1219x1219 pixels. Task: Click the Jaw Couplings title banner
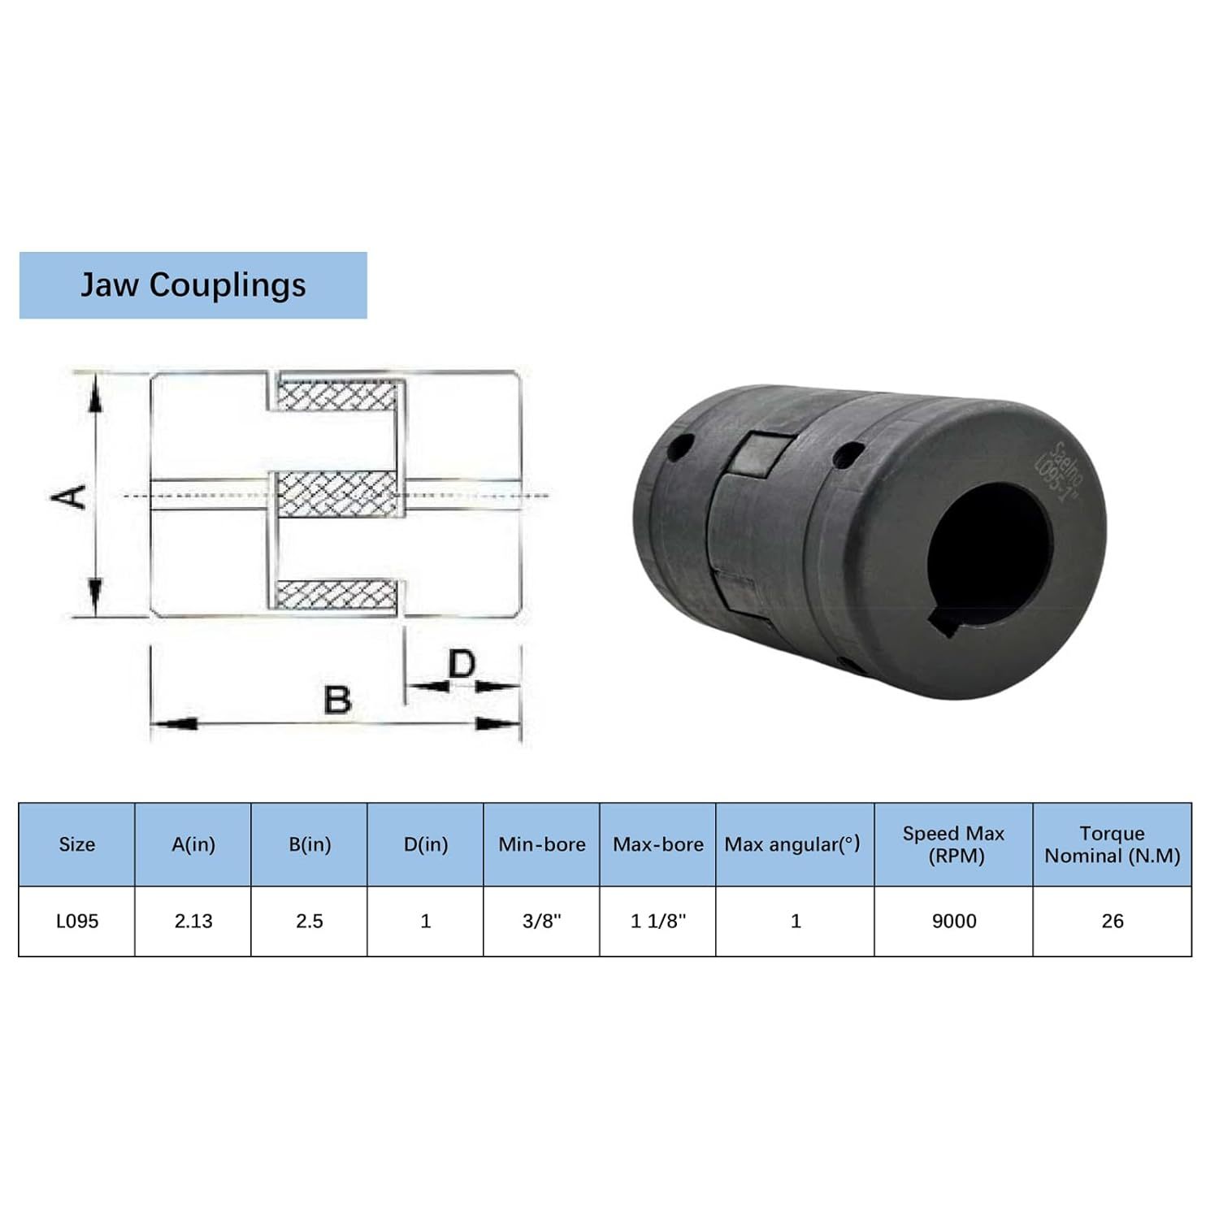(193, 285)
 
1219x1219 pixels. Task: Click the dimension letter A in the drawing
(69, 496)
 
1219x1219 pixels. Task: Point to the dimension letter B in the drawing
(337, 700)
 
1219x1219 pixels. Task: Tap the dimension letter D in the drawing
(462, 664)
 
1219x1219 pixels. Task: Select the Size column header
(77, 844)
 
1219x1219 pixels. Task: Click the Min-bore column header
(542, 844)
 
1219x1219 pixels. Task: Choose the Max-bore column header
(658, 844)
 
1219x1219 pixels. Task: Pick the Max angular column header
(792, 844)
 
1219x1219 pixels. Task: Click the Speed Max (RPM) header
(954, 844)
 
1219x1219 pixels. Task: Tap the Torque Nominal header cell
(1113, 844)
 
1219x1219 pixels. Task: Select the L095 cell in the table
(77, 921)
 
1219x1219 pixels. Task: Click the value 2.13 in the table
(193, 921)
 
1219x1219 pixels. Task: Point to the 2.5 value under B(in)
(310, 921)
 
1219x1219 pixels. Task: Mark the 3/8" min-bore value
(542, 921)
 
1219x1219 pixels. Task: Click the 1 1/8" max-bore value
(658, 921)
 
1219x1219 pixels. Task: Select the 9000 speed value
(954, 921)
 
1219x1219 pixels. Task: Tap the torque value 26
(1113, 921)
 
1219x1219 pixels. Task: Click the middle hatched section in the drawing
(338, 494)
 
